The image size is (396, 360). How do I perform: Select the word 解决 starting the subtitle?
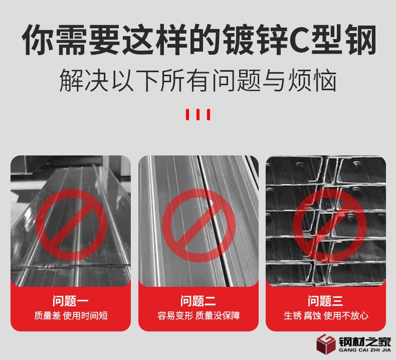pos(84,80)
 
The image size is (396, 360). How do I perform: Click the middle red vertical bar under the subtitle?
pos(198,114)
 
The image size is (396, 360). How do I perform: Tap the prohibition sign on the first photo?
pos(71,225)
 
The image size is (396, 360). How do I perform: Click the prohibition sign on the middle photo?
pos(199,225)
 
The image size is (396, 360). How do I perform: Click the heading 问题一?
pos(71,301)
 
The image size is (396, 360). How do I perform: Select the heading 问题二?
pos(198,301)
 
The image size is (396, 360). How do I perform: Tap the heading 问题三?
pos(325,301)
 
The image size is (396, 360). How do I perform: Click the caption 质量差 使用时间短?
pos(71,316)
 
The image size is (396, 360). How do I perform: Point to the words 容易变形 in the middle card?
pos(175,316)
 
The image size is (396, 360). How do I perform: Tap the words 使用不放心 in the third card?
pos(346,316)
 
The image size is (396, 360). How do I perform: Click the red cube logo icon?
pos(326,344)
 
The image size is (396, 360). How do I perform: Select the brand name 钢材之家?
pos(365,342)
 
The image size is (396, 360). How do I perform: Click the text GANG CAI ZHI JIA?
pos(365,350)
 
